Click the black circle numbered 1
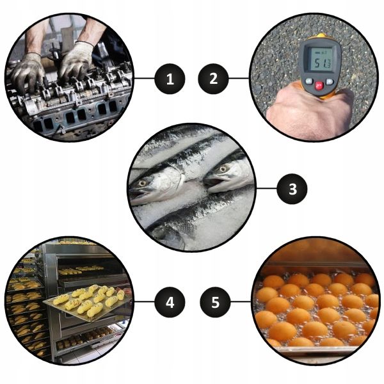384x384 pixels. [x=170, y=79]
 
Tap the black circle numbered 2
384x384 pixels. [x=213, y=79]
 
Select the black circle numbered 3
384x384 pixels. [x=292, y=189]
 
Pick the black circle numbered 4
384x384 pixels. [x=170, y=302]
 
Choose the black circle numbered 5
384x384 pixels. [x=215, y=302]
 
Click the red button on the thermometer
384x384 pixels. [x=319, y=86]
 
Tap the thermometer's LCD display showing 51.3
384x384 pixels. [x=320, y=60]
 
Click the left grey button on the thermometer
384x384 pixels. [x=309, y=81]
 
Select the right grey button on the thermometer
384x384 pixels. [x=330, y=81]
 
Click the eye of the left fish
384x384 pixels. [x=142, y=183]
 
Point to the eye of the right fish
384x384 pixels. [x=223, y=169]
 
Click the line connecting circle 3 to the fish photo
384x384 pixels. [x=266, y=189]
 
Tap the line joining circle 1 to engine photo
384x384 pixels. [x=144, y=79]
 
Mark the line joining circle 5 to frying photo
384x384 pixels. [x=241, y=301]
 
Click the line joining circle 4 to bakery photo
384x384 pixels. [x=144, y=301]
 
